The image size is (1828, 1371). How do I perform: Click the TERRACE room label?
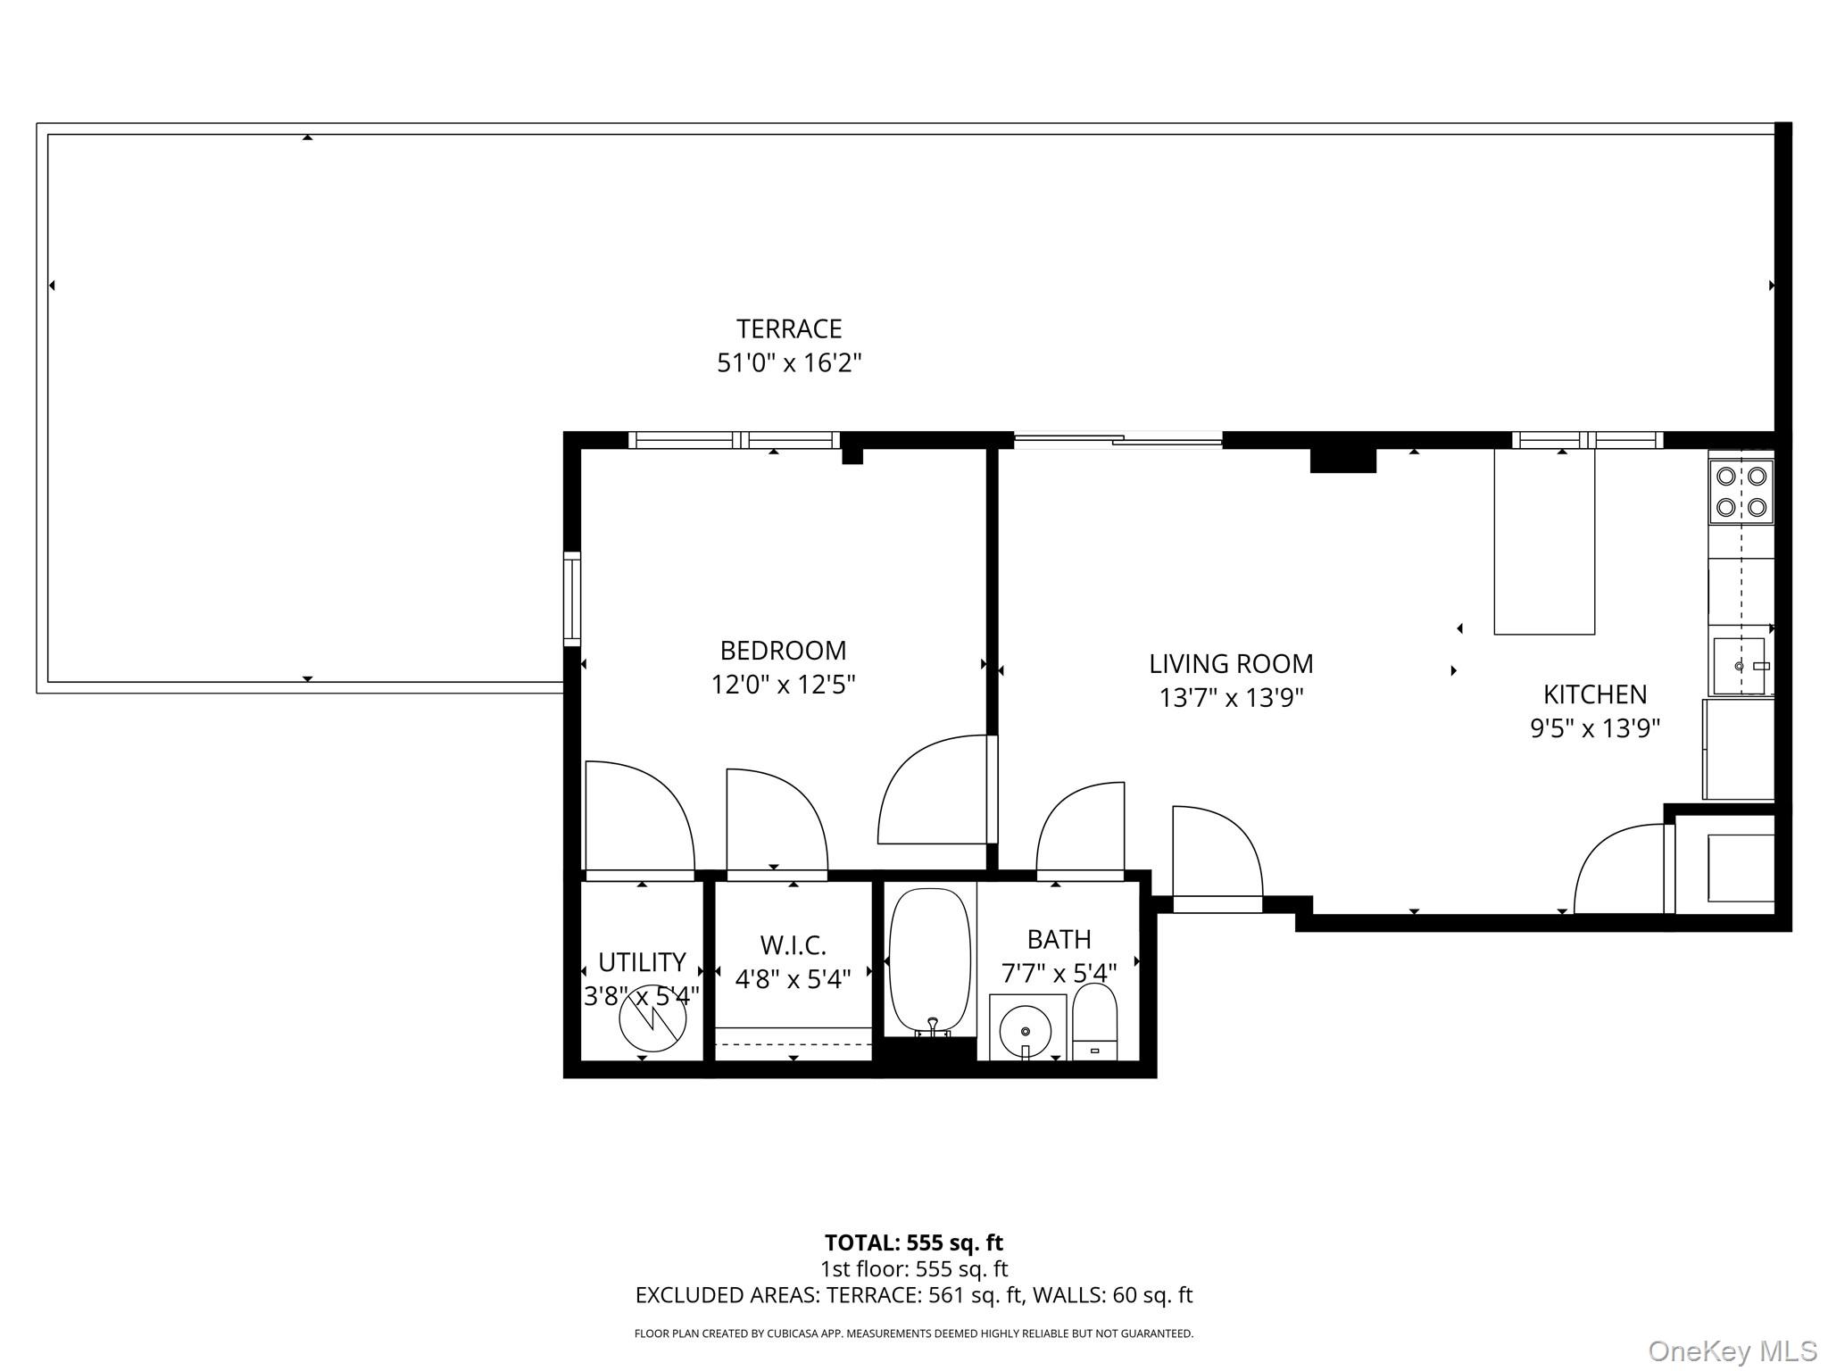click(789, 329)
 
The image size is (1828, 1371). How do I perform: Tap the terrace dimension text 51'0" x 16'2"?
click(789, 363)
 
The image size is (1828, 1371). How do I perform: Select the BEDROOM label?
click(783, 650)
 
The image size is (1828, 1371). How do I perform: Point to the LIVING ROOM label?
click(1231, 664)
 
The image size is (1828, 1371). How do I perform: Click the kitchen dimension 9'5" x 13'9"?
click(1595, 728)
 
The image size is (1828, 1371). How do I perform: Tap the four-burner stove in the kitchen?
click(1741, 492)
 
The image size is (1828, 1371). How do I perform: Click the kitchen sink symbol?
click(1739, 666)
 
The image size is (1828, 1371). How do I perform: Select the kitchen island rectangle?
click(1544, 542)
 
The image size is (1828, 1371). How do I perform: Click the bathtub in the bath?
click(929, 962)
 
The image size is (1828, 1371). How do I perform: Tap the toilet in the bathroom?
click(1094, 1021)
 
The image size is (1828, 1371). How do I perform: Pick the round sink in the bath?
click(1026, 1030)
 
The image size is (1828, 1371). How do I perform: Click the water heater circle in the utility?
click(653, 1018)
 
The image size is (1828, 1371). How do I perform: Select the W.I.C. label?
click(793, 945)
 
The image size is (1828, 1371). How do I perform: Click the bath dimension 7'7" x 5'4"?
click(1059, 973)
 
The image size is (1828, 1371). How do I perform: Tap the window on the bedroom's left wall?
click(571, 599)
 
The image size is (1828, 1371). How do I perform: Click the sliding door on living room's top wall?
click(1118, 438)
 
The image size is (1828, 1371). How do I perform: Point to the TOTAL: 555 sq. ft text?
click(913, 1242)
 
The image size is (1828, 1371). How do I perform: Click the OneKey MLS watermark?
click(1732, 1350)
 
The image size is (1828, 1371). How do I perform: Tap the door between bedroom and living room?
click(937, 790)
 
